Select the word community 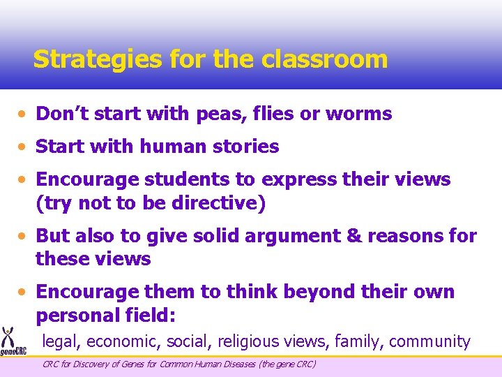point(429,341)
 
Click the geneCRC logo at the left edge point(9,342)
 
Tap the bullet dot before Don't point(24,114)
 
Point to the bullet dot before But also point(24,236)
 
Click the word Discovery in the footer point(93,364)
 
